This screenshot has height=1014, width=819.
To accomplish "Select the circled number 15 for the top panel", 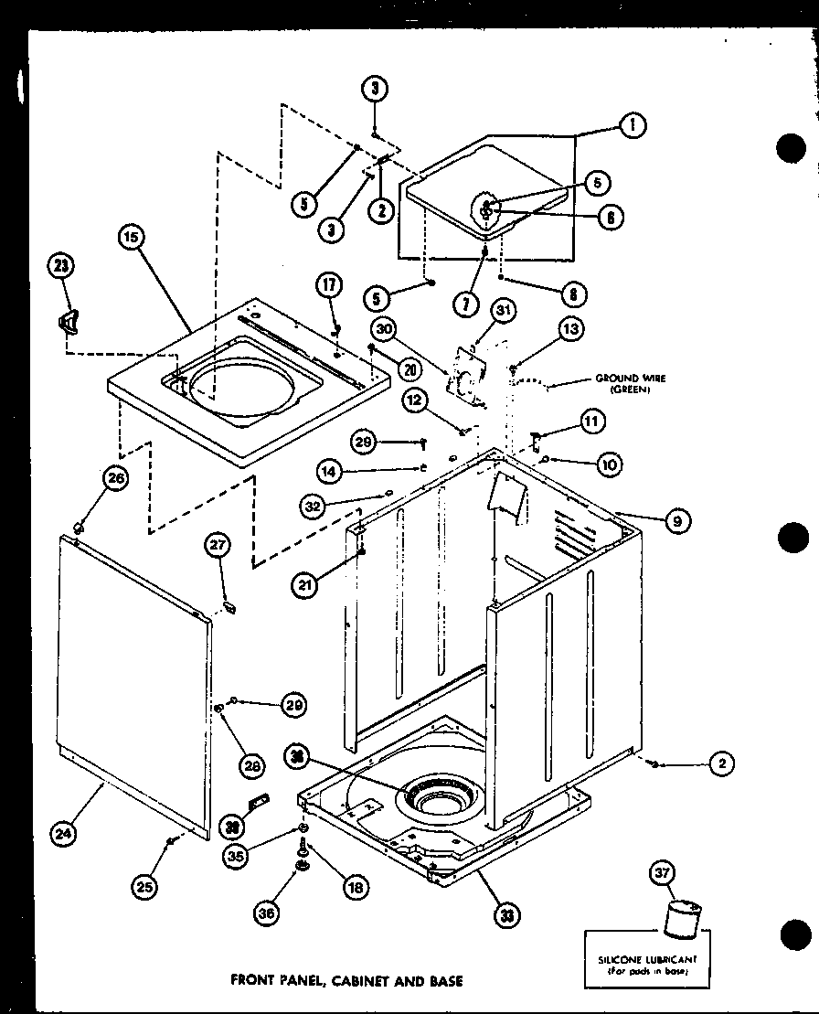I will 132,237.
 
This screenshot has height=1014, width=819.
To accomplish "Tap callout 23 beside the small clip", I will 61,266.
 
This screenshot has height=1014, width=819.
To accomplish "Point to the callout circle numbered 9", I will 676,521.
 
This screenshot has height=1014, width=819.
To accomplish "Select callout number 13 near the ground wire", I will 571,329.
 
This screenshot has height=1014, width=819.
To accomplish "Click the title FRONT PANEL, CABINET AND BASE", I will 346,981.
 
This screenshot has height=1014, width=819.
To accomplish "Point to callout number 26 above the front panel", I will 116,477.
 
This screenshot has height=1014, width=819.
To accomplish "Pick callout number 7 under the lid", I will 466,304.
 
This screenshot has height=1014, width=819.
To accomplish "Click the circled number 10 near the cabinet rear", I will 609,464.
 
